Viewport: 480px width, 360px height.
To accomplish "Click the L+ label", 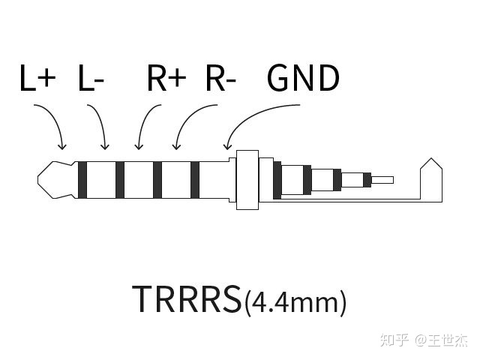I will point(37,79).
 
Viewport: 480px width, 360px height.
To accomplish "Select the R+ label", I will point(166,79).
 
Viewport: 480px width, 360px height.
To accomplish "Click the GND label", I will point(303,79).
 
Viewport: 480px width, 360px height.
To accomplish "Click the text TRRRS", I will point(187,298).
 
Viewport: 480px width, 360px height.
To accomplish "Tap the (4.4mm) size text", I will point(295,301).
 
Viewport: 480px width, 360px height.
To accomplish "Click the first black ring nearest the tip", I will point(82,180).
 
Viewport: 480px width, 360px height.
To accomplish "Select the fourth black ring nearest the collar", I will point(195,180).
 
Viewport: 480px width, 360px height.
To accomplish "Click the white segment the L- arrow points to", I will point(101,180).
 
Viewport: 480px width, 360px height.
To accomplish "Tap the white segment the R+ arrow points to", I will point(139,180).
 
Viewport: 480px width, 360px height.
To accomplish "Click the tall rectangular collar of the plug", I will point(247,180).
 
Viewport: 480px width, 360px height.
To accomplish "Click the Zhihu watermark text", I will point(424,340).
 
